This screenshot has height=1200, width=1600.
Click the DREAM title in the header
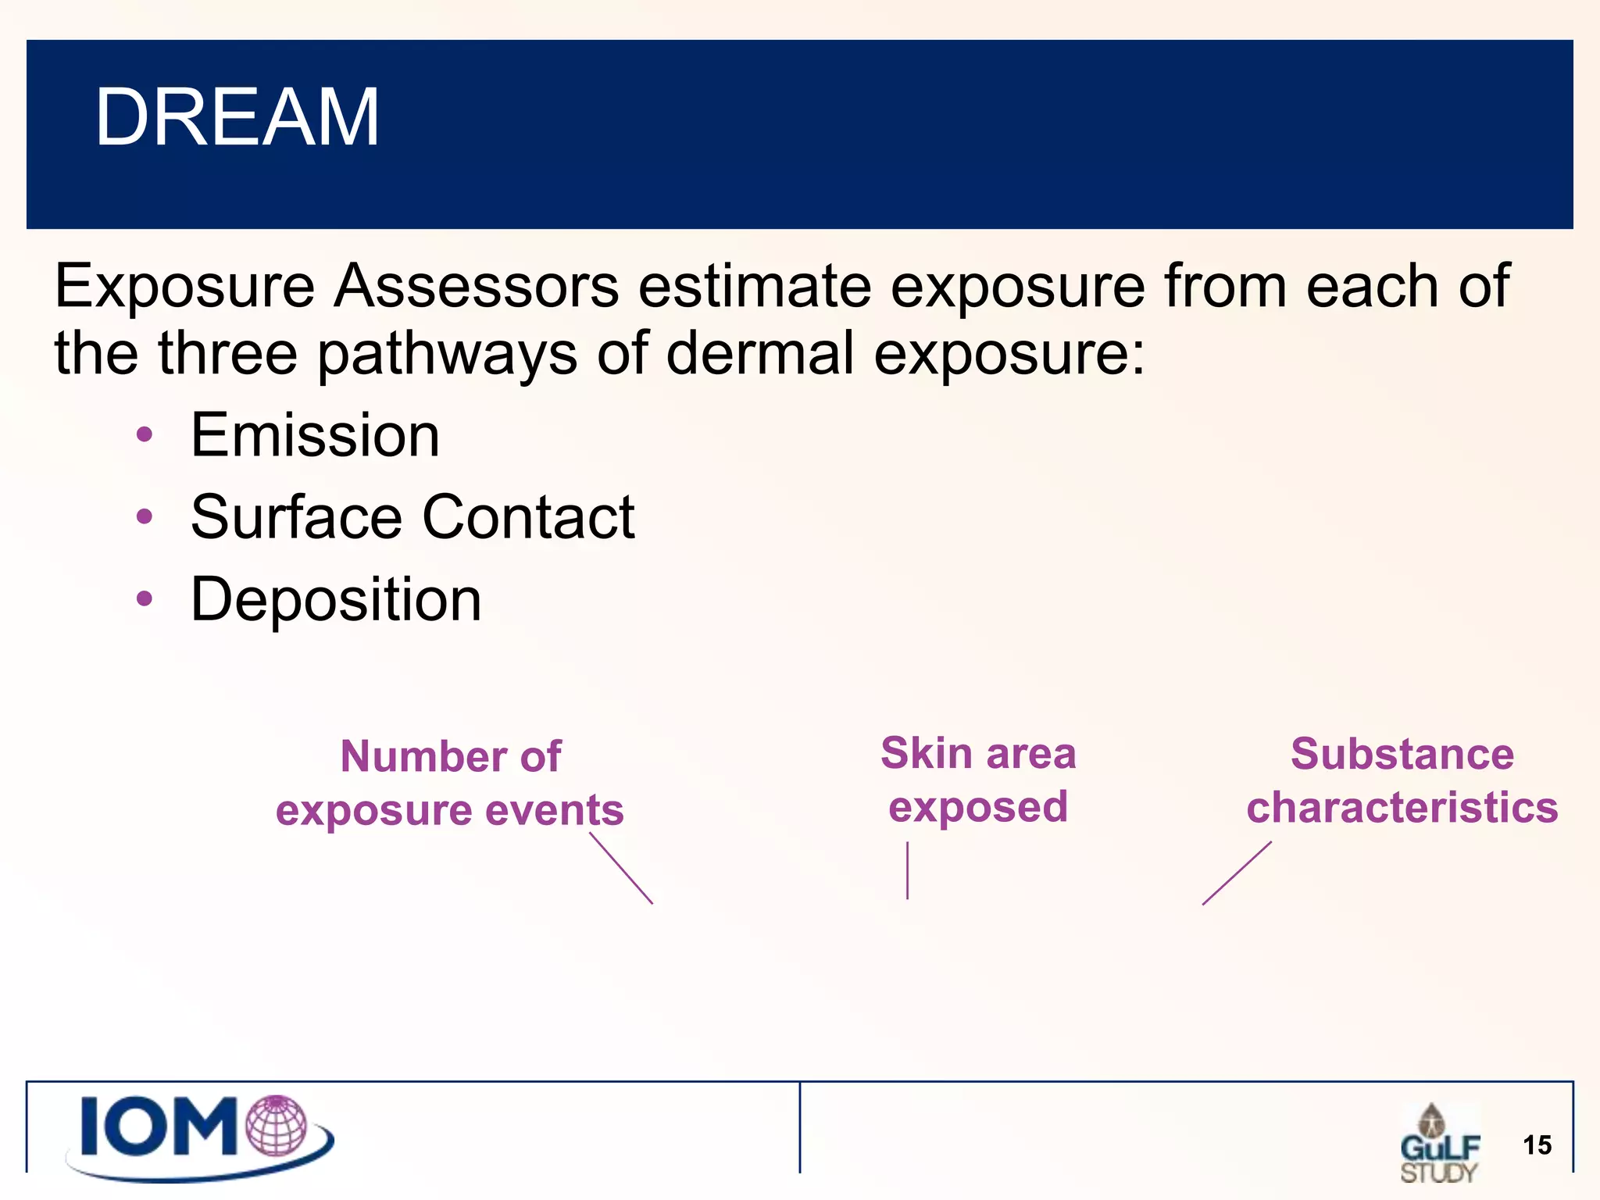click(237, 117)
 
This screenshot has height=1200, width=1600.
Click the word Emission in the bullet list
click(315, 435)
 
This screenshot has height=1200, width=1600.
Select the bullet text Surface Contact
click(412, 517)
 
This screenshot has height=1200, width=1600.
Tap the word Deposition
click(336, 599)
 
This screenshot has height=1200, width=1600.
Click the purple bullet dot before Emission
click(145, 434)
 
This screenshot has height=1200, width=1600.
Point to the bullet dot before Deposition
click(145, 598)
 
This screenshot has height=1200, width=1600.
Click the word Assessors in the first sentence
click(476, 286)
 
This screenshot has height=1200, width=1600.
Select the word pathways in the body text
click(447, 353)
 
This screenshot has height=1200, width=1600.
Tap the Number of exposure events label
click(450, 783)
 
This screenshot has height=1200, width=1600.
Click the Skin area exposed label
click(978, 780)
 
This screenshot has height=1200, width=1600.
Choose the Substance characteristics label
click(1402, 780)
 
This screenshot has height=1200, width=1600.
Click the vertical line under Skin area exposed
click(907, 870)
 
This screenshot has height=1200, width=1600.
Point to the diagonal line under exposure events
click(621, 868)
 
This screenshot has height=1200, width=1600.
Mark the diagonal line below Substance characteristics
click(1237, 873)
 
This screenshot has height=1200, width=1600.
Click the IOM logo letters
click(160, 1127)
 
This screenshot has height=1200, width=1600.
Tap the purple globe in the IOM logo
click(277, 1125)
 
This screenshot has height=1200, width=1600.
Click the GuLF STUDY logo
click(1438, 1144)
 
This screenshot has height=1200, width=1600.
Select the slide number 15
click(1537, 1145)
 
